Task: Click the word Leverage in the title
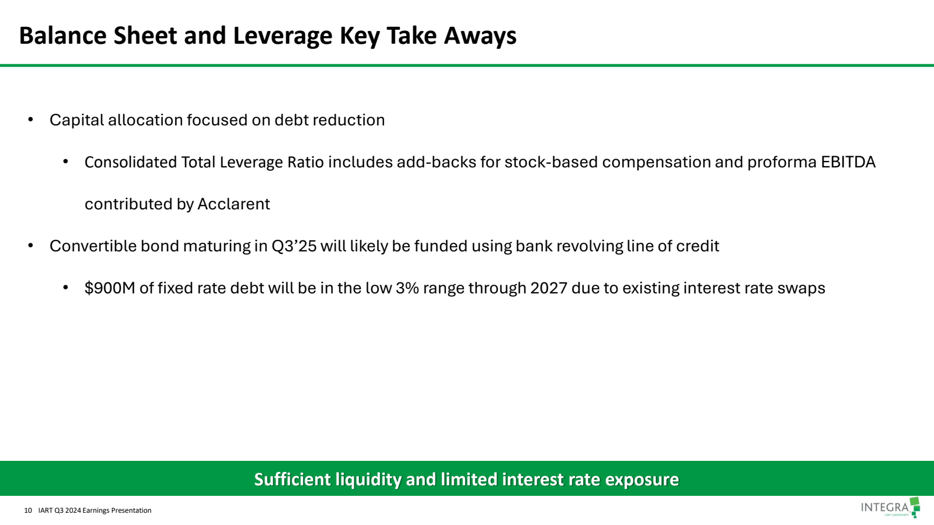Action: [283, 36]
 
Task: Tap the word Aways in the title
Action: [480, 36]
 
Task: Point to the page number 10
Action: [28, 510]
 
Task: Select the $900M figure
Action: [110, 288]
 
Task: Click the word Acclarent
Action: [233, 204]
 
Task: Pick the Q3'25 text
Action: [294, 246]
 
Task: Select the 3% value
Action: [407, 288]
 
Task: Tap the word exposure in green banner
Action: [642, 480]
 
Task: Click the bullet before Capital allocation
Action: [31, 120]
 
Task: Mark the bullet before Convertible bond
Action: [31, 246]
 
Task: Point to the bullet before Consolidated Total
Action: [66, 162]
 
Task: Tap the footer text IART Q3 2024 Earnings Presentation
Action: [95, 510]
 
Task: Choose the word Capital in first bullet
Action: [76, 120]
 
